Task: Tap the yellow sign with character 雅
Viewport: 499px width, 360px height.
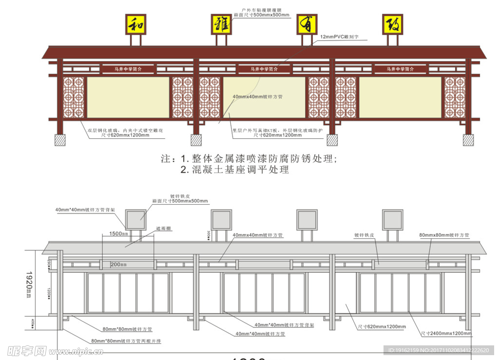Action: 222,24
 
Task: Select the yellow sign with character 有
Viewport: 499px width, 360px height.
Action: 307,24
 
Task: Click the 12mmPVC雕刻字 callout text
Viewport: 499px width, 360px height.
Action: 339,37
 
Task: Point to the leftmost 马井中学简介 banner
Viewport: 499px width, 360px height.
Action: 128,69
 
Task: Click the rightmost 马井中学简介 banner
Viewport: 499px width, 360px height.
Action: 400,69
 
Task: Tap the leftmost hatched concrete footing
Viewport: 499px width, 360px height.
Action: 60,140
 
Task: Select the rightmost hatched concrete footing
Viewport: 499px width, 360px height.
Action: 468,140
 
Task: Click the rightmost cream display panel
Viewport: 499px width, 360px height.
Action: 400,97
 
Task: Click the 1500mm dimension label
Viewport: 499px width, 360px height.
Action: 118,234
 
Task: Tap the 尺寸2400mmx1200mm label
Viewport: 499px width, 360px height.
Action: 446,334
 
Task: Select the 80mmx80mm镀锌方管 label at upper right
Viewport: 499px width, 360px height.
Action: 444,235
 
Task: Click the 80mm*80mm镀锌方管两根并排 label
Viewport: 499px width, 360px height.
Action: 126,341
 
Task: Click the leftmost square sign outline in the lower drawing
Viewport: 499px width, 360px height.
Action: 136,219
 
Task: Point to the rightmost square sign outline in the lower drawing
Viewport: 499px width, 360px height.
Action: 392,219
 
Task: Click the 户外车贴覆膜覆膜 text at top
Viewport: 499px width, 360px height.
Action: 262,9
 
